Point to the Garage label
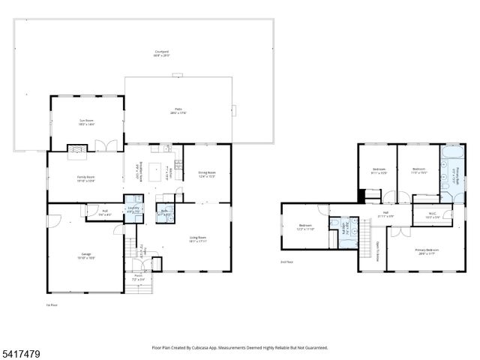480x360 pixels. (86, 256)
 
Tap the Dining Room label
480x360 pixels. (206, 175)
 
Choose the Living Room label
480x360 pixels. (197, 239)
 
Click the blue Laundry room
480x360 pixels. (133, 204)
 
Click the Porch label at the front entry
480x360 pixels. (139, 277)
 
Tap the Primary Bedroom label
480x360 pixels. (428, 251)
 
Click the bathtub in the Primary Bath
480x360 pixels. (452, 158)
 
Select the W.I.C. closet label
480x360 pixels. (432, 214)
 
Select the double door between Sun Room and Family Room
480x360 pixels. (106, 146)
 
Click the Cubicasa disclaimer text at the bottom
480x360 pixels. (239, 347)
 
